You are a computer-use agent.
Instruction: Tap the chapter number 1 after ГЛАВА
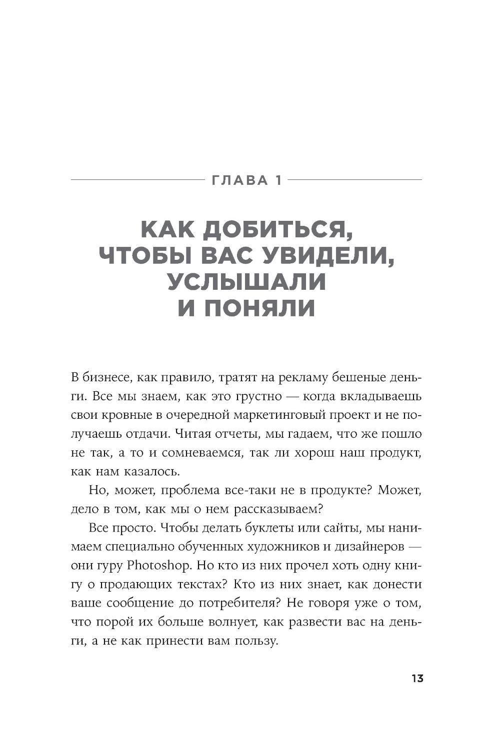coord(277,180)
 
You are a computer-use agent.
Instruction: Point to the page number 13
coord(417,679)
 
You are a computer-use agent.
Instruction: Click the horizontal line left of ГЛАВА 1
coord(137,178)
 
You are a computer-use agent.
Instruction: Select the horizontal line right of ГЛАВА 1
coord(355,178)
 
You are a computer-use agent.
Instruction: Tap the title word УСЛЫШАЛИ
coord(247,282)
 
